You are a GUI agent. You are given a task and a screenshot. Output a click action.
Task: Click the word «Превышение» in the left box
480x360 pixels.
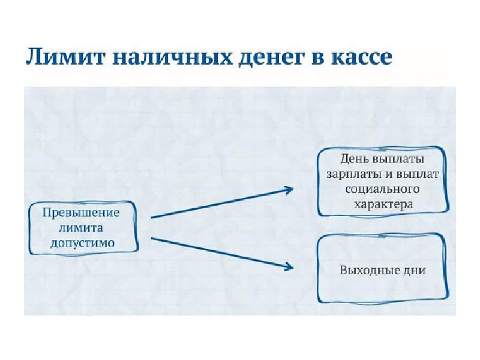click(x=81, y=213)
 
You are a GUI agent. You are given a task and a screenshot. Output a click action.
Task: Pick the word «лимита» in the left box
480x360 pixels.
click(x=81, y=228)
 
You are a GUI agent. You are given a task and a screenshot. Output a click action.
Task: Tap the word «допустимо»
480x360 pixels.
click(x=81, y=243)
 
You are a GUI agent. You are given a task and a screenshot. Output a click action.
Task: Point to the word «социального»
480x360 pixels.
click(x=383, y=189)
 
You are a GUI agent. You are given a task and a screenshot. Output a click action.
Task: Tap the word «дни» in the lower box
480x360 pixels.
click(x=415, y=270)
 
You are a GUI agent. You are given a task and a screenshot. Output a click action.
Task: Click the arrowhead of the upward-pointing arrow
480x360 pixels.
click(x=288, y=190)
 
